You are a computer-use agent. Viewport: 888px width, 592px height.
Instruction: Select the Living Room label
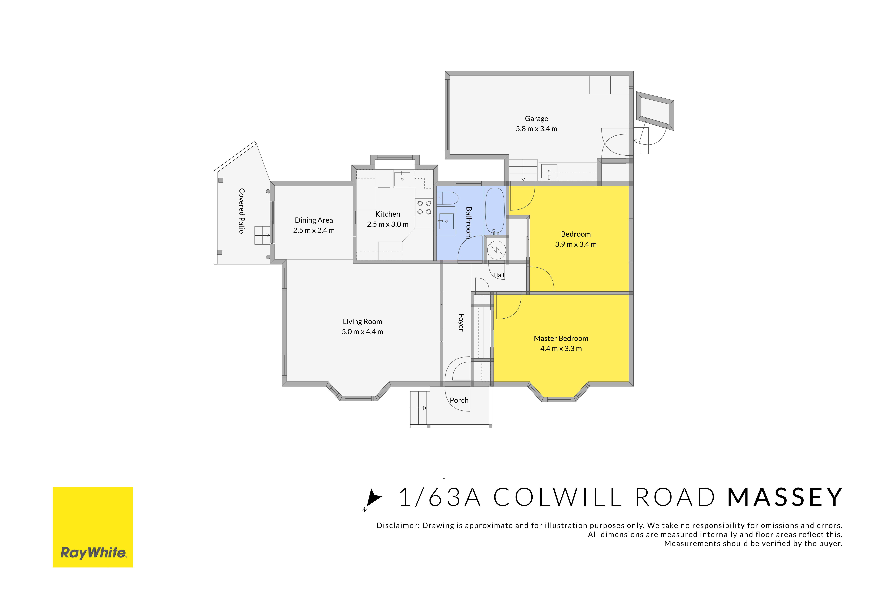(x=363, y=322)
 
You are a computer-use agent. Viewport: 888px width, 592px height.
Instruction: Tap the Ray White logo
(x=93, y=527)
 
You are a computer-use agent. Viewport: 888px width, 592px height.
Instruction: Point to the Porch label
(x=459, y=400)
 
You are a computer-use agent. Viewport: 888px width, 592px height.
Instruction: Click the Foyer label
(x=461, y=322)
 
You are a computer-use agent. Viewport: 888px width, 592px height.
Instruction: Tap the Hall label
(x=499, y=275)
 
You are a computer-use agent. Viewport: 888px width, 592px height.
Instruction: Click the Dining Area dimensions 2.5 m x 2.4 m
(x=314, y=230)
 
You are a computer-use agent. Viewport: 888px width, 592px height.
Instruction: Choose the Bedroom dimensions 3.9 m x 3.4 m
(x=576, y=244)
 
